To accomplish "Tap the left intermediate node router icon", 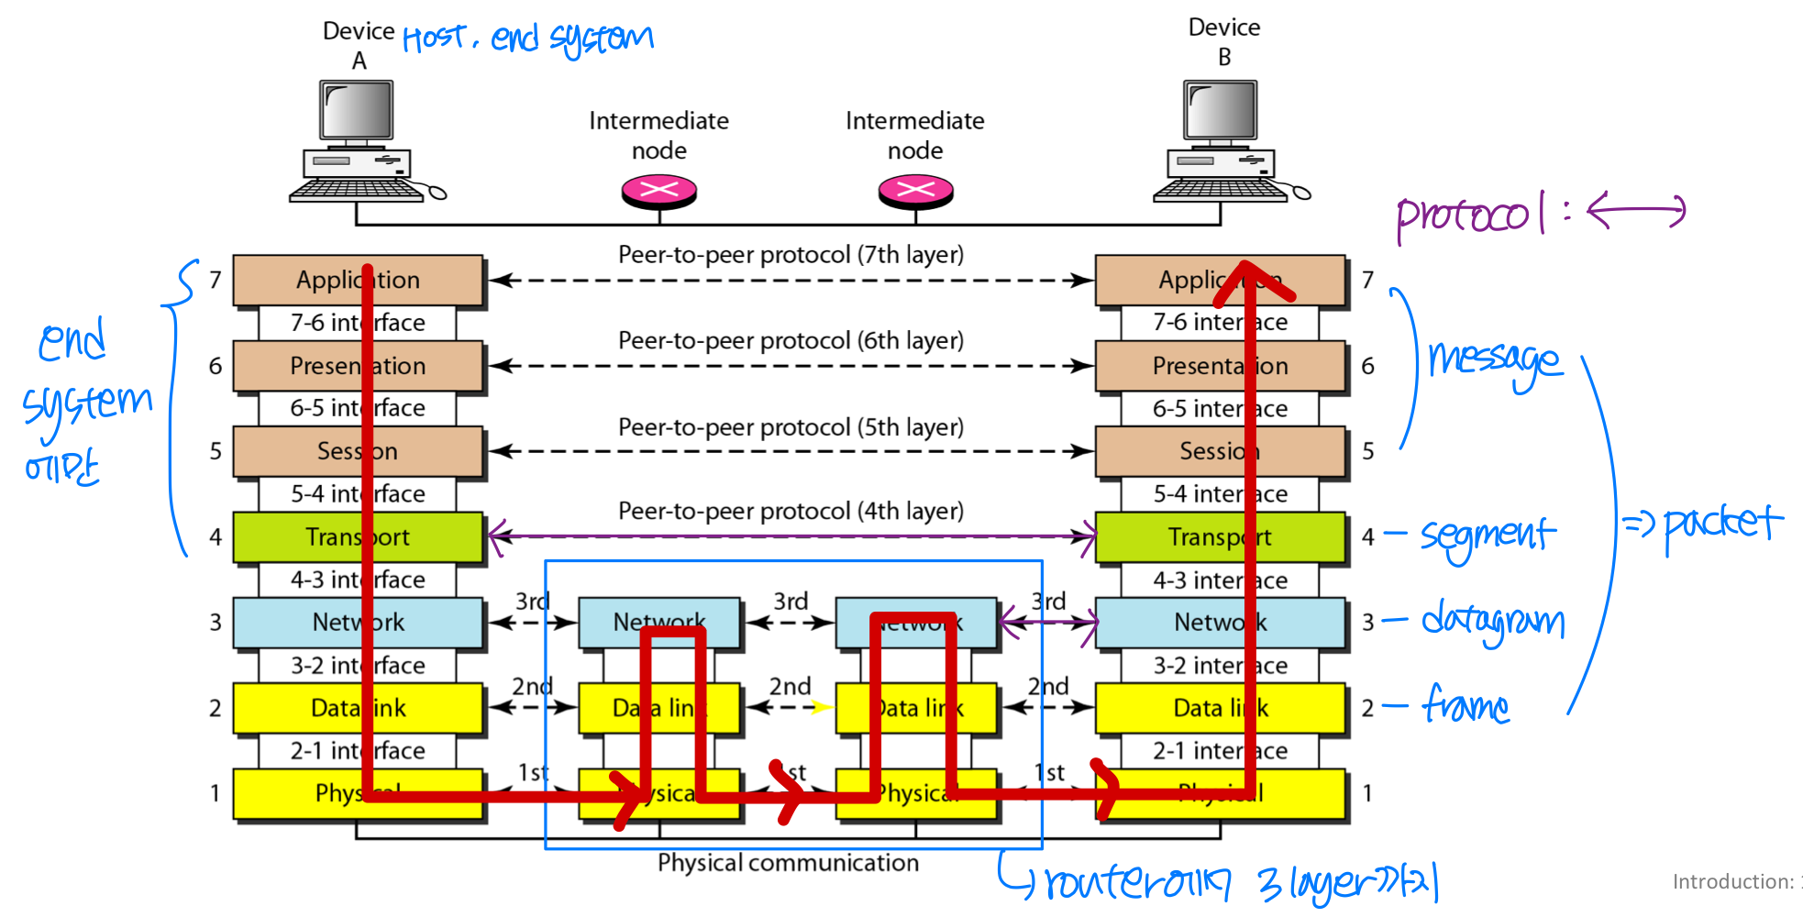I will (x=658, y=191).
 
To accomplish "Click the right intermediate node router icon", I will (x=915, y=191).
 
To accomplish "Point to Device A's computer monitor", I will (x=357, y=110).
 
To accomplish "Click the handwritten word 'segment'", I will (x=1488, y=536).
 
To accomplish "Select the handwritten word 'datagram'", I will (x=1493, y=622).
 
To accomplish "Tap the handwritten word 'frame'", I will (x=1466, y=706).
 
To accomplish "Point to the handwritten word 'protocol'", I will (x=1464, y=216).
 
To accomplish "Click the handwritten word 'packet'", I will (x=1722, y=525).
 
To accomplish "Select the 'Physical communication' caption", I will (x=788, y=863).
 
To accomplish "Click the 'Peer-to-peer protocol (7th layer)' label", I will (x=791, y=255).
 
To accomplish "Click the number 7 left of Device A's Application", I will (x=216, y=280).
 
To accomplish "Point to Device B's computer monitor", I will (x=1221, y=110).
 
